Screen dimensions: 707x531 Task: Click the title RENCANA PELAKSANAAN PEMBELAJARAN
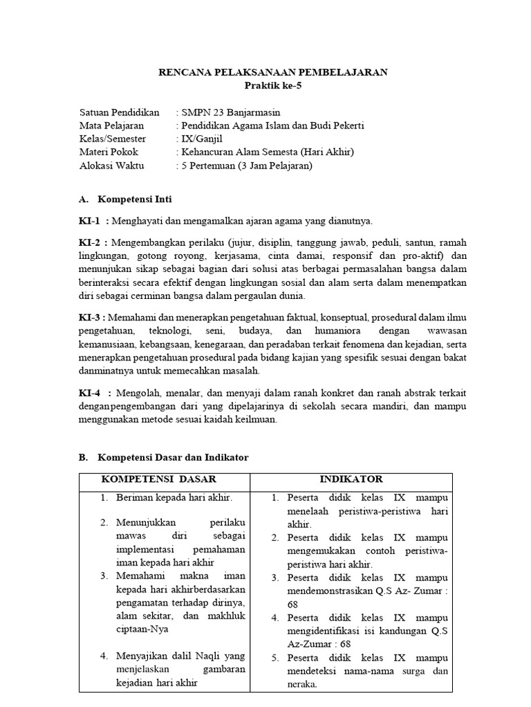274,72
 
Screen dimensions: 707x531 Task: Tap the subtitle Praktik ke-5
274,86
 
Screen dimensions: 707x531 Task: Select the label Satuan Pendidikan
120,113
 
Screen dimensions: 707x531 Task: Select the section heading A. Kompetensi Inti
125,200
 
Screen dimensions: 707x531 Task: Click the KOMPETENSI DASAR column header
159,479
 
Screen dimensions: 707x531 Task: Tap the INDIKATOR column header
351,479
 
